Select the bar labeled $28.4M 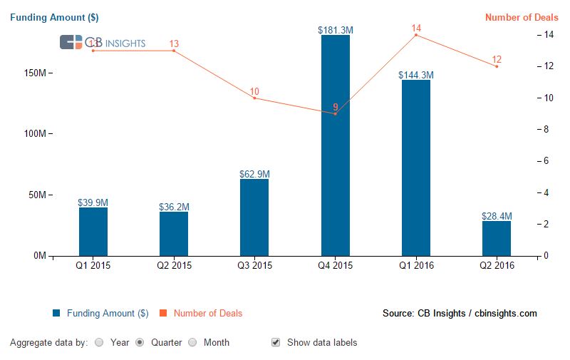point(497,238)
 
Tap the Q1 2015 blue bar point(93,231)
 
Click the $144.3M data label point(416,75)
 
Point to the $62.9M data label point(254,174)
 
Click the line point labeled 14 point(416,35)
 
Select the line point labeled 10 point(254,98)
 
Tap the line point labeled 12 point(497,66)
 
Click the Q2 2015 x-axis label point(174,266)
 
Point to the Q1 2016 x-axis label point(416,266)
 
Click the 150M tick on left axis point(36,73)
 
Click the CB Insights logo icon point(71,43)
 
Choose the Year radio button point(99,342)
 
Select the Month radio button point(192,342)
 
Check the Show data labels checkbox point(276,342)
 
